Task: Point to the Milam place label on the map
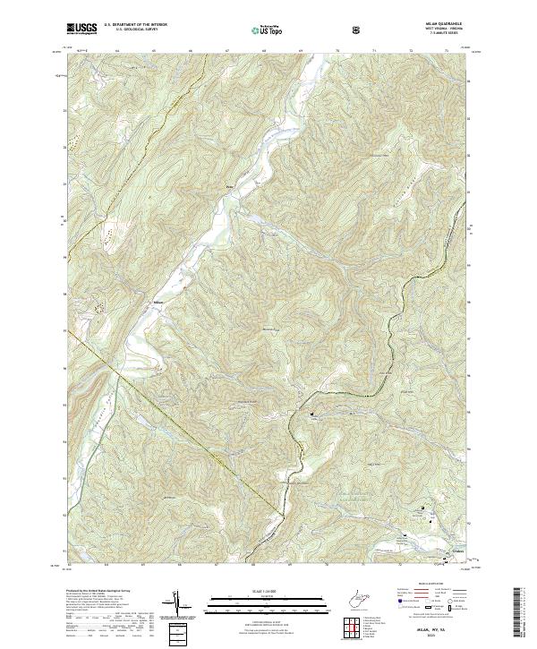[x=158, y=303]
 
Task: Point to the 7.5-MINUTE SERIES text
[x=449, y=36]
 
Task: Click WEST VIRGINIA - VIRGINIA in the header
[x=449, y=30]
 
